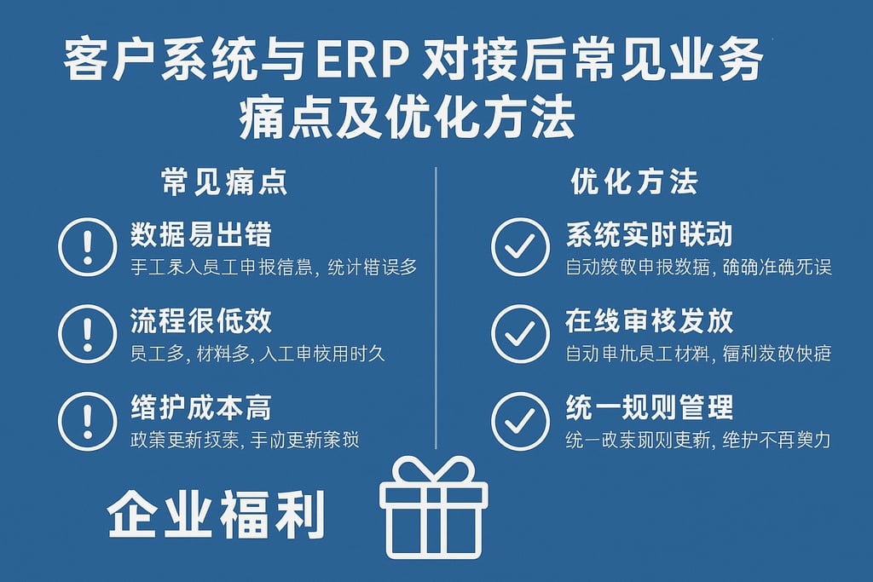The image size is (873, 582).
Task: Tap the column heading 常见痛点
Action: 224,182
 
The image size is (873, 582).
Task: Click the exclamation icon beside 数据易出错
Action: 87,247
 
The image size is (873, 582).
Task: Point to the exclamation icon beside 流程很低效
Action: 87,334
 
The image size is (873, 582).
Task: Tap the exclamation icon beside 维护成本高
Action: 87,420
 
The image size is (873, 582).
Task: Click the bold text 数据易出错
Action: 201,234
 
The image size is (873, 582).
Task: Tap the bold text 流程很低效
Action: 201,321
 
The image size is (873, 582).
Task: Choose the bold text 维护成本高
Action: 201,407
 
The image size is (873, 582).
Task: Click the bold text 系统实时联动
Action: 649,234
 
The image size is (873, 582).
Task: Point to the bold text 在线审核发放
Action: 649,321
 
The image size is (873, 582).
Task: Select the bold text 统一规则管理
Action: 649,407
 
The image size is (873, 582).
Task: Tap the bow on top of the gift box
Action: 434,470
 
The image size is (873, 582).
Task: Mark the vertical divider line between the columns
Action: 436,307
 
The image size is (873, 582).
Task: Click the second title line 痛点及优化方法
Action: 408,118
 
